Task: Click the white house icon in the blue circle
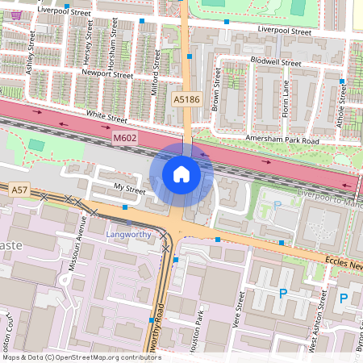pyautogui.click(x=181, y=173)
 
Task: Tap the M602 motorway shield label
pyautogui.click(x=125, y=140)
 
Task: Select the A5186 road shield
pyautogui.click(x=186, y=99)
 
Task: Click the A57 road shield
pyautogui.click(x=19, y=190)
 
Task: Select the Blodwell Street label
pyautogui.click(x=275, y=62)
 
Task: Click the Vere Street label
pyautogui.click(x=239, y=307)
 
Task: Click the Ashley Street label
pyautogui.click(x=32, y=53)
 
